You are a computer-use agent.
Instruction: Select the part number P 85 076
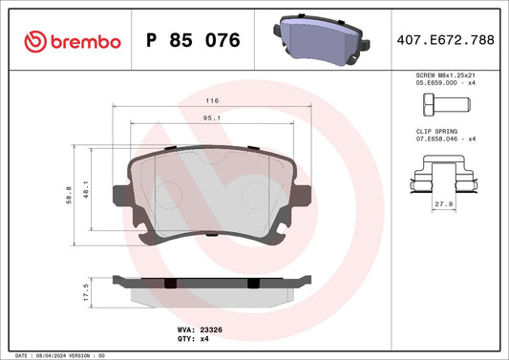click(193, 41)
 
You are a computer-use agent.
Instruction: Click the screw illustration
click(452, 105)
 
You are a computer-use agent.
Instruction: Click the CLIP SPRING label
click(435, 131)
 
